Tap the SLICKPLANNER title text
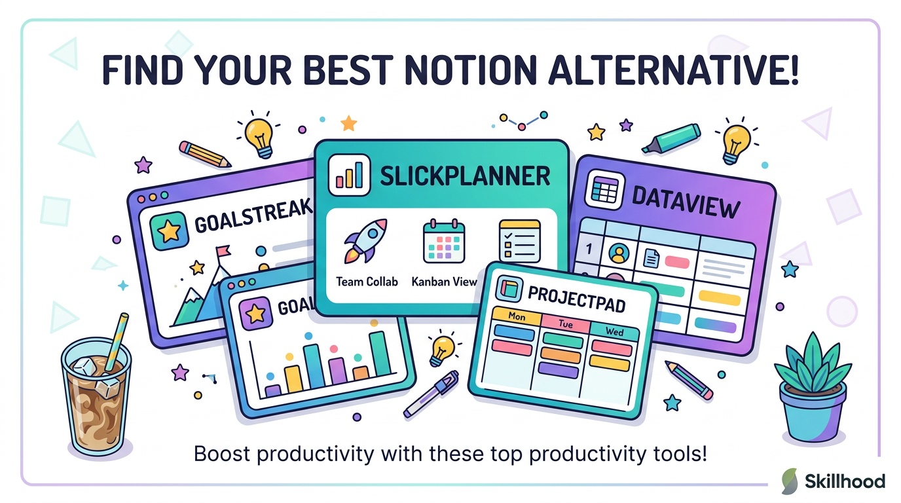coord(465,176)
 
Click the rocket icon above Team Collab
coord(365,240)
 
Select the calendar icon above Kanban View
coord(444,240)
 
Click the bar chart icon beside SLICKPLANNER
coord(349,175)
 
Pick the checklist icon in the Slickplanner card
coord(520,240)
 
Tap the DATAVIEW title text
coord(686,202)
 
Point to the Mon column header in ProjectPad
coord(517,316)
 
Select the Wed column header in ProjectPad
coord(614,331)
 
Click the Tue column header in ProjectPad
coord(566,324)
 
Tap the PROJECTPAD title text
coord(576,299)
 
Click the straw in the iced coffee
coord(117,342)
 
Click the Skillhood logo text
coord(845,481)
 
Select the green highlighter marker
coord(671,138)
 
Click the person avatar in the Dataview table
coord(619,253)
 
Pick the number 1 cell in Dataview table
coord(589,249)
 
